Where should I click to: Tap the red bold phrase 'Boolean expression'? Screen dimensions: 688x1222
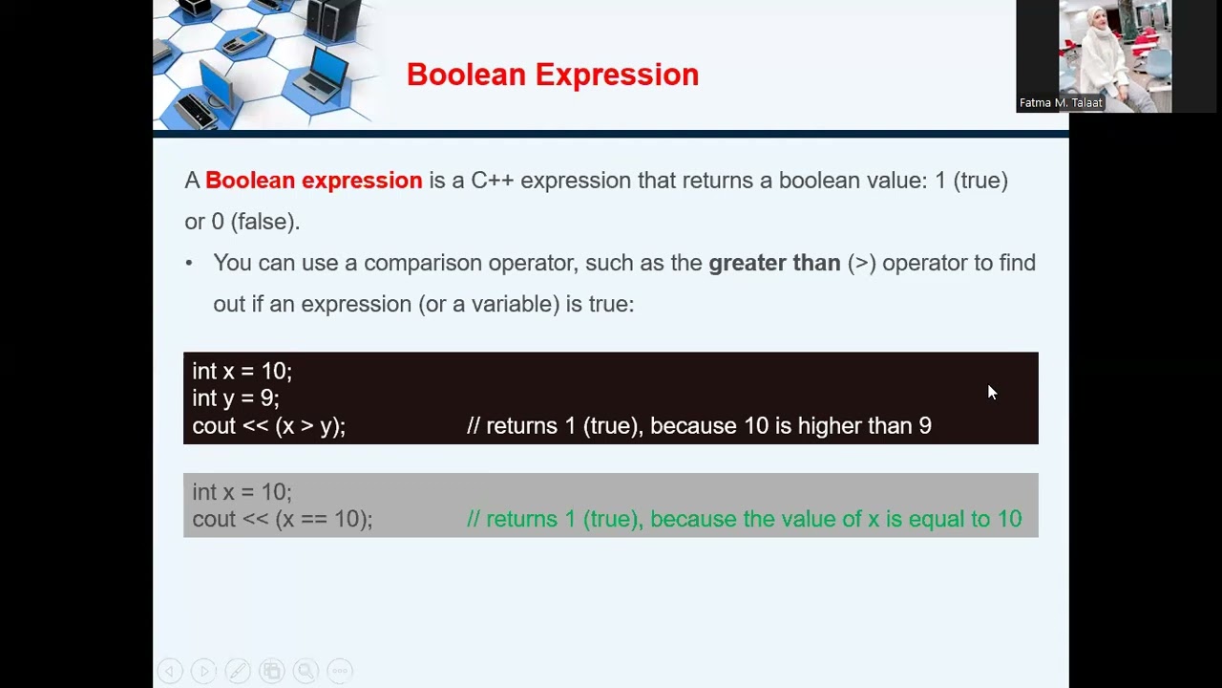(313, 181)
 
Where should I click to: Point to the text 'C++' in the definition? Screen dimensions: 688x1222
(492, 181)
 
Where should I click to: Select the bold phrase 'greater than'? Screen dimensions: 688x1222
(774, 263)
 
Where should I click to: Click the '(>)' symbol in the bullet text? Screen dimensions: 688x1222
(861, 263)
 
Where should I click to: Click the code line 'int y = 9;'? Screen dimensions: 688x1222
(236, 398)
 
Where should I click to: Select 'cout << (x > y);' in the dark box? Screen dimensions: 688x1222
(268, 426)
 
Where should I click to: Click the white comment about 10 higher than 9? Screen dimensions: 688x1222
(699, 426)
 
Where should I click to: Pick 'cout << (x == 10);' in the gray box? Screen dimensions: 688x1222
(282, 519)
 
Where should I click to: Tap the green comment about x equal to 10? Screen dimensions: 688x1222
(744, 519)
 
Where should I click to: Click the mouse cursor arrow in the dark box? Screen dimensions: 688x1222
(991, 391)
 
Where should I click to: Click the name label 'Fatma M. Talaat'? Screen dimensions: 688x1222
(1061, 103)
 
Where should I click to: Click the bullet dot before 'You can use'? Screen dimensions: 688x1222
(189, 263)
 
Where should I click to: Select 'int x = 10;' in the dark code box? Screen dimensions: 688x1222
(242, 371)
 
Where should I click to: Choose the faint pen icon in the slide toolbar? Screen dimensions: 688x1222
(238, 671)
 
